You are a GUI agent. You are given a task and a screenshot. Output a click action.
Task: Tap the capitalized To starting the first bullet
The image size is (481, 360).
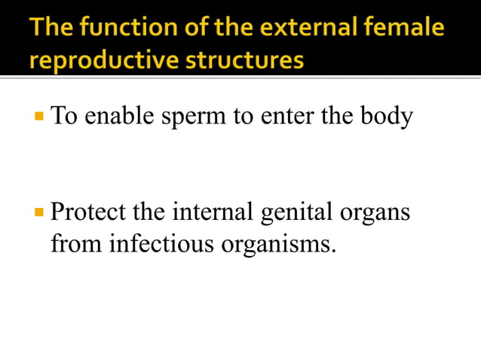[x=63, y=117]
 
